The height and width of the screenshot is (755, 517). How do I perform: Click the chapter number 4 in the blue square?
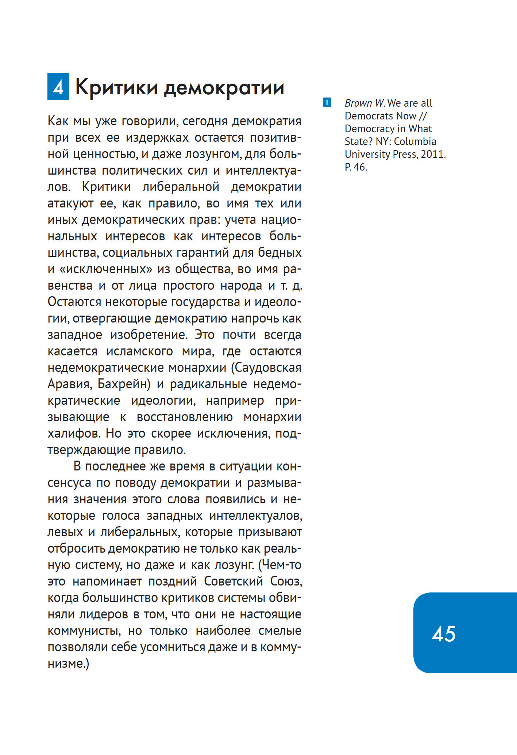click(x=58, y=87)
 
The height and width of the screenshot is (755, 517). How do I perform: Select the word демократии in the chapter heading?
click(x=224, y=88)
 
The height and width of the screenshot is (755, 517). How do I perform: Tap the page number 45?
click(x=443, y=634)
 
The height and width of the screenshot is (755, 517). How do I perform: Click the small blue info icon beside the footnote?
click(x=327, y=103)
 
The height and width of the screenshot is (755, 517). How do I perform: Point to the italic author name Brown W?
click(x=364, y=103)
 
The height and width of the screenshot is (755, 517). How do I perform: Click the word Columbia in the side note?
click(x=415, y=141)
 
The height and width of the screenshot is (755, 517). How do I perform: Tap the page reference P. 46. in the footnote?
click(x=356, y=167)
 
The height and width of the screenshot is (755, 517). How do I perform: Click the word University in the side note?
click(x=367, y=154)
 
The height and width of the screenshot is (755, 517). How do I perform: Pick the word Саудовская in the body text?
click(x=269, y=368)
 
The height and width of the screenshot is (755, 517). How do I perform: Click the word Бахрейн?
click(x=124, y=384)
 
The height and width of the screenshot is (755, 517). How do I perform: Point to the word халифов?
click(x=74, y=434)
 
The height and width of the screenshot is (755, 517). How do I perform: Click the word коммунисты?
click(x=84, y=631)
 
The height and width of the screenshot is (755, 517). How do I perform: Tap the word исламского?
click(x=139, y=351)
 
